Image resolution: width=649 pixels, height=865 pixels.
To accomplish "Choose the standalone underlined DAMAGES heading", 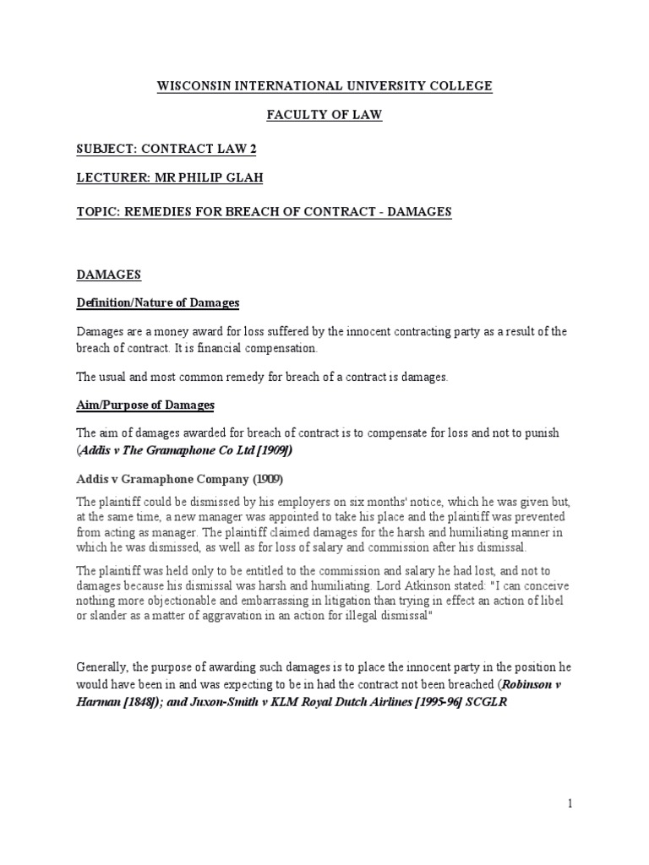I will click(109, 275).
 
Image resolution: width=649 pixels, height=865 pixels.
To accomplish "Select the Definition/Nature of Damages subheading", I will click(158, 302).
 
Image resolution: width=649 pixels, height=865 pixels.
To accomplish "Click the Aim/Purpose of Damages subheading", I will click(145, 405).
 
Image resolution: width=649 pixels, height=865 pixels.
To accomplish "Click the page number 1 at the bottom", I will click(570, 803).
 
